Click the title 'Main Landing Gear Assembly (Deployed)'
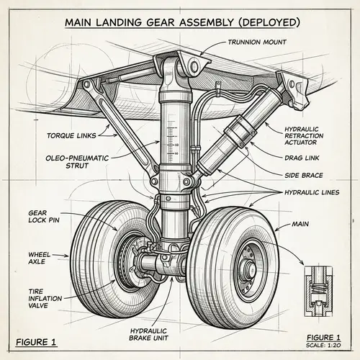click(x=179, y=22)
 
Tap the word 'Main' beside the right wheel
click(x=300, y=225)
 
